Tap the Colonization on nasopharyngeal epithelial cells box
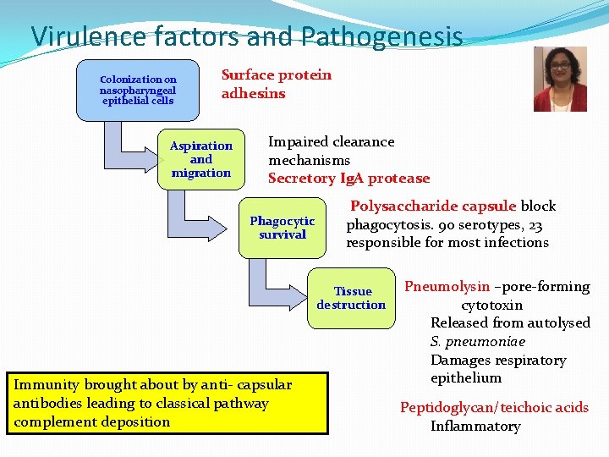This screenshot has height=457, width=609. click(137, 90)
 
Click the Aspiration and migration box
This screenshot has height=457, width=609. click(200, 159)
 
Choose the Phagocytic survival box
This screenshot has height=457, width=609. click(283, 228)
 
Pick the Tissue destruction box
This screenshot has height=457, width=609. click(351, 298)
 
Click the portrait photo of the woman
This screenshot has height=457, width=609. click(560, 79)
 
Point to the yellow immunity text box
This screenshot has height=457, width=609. click(167, 403)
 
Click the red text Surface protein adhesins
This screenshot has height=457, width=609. click(277, 84)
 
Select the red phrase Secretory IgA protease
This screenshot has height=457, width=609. click(348, 179)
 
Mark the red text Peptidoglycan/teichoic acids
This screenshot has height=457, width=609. click(494, 407)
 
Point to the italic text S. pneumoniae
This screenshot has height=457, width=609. click(478, 341)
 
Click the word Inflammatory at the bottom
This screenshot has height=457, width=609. click(475, 426)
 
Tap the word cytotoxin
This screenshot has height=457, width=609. click(491, 305)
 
